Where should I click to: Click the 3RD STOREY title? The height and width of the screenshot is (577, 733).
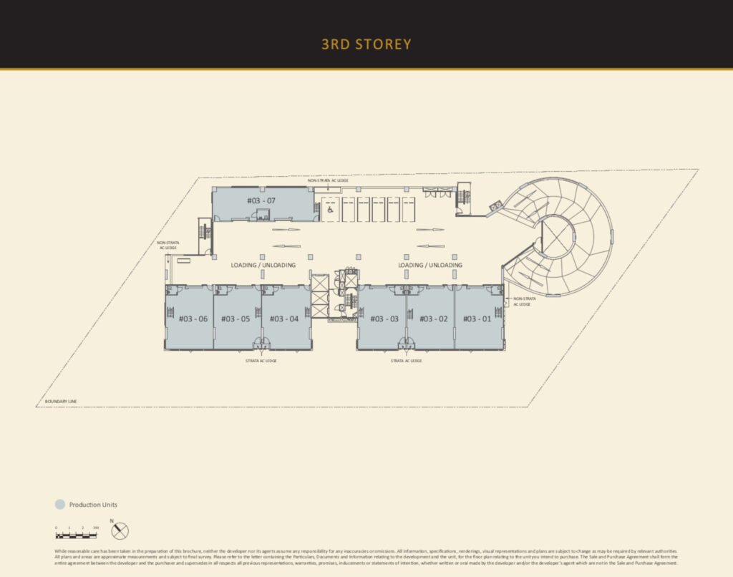click(x=366, y=44)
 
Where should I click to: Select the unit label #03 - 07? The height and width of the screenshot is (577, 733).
click(x=261, y=200)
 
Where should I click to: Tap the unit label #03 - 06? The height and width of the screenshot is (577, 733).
click(x=193, y=319)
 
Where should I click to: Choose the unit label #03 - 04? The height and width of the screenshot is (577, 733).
click(x=284, y=319)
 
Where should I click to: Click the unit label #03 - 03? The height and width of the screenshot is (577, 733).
click(x=384, y=319)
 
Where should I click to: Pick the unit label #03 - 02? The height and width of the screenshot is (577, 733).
click(x=433, y=319)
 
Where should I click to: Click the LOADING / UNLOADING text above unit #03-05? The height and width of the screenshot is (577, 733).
click(x=263, y=265)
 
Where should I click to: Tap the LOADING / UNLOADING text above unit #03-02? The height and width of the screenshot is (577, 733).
click(x=430, y=265)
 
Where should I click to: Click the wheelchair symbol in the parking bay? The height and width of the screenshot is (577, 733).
click(x=329, y=210)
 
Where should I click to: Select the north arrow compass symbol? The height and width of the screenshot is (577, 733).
click(x=120, y=530)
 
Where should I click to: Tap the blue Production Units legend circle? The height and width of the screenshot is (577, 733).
click(x=60, y=505)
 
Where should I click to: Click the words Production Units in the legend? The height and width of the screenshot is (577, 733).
click(x=93, y=505)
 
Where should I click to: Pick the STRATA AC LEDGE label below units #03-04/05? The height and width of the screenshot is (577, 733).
click(x=261, y=361)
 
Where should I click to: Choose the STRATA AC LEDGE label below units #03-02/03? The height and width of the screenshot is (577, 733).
click(x=406, y=361)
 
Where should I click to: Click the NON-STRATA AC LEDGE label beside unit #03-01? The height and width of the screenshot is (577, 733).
click(x=523, y=301)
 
